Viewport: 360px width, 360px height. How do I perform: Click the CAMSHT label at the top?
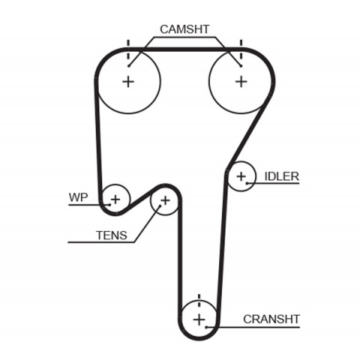[184, 29]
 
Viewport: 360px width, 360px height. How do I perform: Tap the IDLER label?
[281, 176]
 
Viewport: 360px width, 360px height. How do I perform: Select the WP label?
[78, 197]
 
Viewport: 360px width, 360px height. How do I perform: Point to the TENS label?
[112, 235]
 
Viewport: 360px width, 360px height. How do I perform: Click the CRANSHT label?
[271, 319]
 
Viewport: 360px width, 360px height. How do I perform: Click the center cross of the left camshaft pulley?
[128, 82]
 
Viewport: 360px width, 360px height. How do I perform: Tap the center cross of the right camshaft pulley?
[241, 82]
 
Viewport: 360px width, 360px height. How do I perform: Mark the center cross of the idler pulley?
[241, 177]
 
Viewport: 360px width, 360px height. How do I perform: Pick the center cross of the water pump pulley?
[115, 199]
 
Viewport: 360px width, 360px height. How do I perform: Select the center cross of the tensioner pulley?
[165, 200]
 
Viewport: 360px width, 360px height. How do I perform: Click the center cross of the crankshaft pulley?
[199, 319]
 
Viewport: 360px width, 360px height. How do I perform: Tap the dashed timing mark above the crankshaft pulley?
[199, 301]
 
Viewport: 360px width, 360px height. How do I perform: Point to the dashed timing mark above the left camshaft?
[128, 49]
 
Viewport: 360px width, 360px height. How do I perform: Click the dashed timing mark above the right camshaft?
[241, 49]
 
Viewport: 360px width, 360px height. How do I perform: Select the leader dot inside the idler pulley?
[247, 183]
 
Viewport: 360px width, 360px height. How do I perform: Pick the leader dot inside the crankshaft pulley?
[206, 327]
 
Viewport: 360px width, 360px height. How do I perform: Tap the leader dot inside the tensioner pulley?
[160, 206]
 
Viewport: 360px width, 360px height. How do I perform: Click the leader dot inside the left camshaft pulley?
[129, 66]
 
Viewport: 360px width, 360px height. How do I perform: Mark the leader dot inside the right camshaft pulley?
[241, 66]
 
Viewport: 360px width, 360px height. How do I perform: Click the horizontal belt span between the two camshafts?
[184, 49]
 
